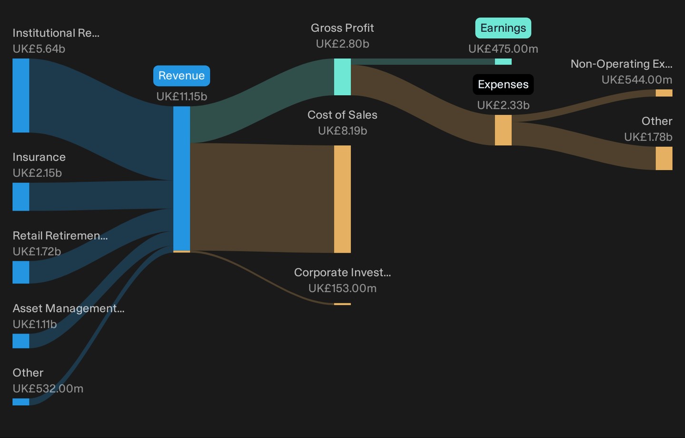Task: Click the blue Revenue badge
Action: [x=182, y=76]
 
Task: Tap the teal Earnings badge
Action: [x=503, y=28]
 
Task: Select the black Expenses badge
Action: [x=503, y=84]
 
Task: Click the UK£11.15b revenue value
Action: [x=182, y=97]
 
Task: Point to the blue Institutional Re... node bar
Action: [x=21, y=96]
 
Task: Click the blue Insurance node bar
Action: [x=21, y=197]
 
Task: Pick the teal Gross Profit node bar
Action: [x=342, y=77]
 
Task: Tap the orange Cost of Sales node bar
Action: [x=342, y=199]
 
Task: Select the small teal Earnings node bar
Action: [x=503, y=61]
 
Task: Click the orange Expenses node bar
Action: [x=503, y=130]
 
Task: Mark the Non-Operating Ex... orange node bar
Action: [x=664, y=93]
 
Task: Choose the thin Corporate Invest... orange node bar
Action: [x=342, y=304]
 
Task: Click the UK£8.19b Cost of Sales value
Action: [x=342, y=131]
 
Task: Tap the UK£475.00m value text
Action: [x=503, y=49]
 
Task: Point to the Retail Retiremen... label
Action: [x=60, y=235]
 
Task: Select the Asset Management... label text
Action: [x=68, y=308]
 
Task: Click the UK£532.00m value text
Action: [x=48, y=388]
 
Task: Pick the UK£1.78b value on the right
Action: [x=648, y=137]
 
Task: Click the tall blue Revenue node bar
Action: [x=182, y=179]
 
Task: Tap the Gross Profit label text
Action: [x=342, y=28]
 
